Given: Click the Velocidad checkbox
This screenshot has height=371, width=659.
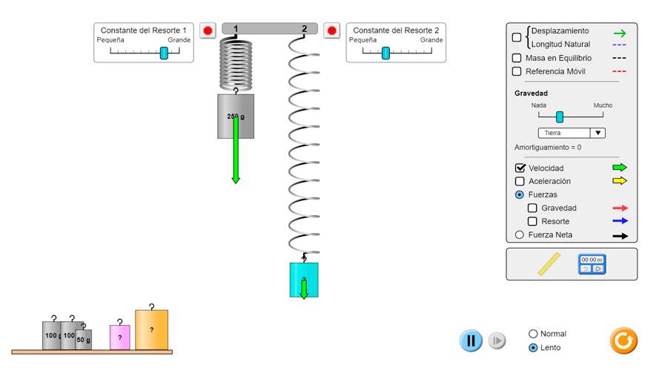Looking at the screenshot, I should click(520, 168).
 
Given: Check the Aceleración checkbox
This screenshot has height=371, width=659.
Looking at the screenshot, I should click(520, 181).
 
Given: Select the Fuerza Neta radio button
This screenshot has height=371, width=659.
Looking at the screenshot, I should click(519, 235).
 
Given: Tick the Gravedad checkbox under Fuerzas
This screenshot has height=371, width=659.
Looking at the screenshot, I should click(532, 209).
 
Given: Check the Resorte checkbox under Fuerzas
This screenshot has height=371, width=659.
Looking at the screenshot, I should click(532, 222).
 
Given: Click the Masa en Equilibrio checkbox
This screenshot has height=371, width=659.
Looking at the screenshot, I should click(517, 58).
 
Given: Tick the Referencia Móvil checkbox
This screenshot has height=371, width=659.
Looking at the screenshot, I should click(517, 71).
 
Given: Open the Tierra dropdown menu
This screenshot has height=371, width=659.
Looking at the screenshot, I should click(571, 133).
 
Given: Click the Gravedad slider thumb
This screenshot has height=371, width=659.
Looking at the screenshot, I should click(560, 116).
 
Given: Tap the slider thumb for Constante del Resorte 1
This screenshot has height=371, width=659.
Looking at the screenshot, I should click(164, 53).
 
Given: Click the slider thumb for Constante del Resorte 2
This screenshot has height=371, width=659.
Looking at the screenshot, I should click(385, 53).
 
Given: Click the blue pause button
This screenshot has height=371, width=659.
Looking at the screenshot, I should click(471, 341).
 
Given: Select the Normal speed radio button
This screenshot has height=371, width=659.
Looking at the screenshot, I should click(533, 334).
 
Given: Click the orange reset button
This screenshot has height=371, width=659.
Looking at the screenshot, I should click(623, 341).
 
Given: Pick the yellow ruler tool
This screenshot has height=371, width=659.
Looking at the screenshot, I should click(549, 264).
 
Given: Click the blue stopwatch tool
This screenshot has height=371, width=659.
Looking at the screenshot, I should click(592, 264).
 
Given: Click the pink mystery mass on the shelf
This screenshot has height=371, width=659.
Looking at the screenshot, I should click(120, 338).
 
